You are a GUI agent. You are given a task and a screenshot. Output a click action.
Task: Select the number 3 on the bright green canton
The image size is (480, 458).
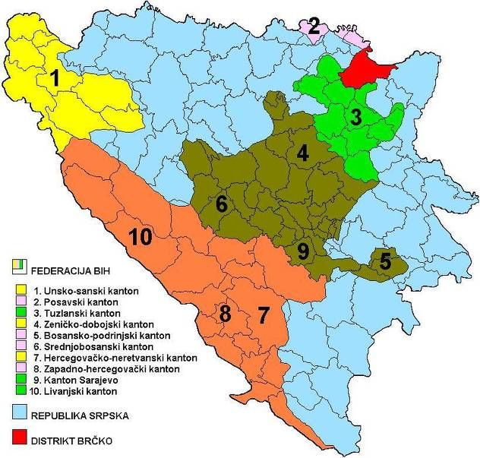355,118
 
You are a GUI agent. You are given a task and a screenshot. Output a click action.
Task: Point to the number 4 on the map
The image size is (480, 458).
303,154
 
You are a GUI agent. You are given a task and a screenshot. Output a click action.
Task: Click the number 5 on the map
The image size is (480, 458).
385,263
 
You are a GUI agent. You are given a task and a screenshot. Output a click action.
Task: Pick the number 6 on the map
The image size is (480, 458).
221,204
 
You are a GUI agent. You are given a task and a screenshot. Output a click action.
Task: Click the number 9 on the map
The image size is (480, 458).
303,251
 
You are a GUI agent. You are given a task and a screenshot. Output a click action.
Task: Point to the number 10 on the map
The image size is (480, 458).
144,237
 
